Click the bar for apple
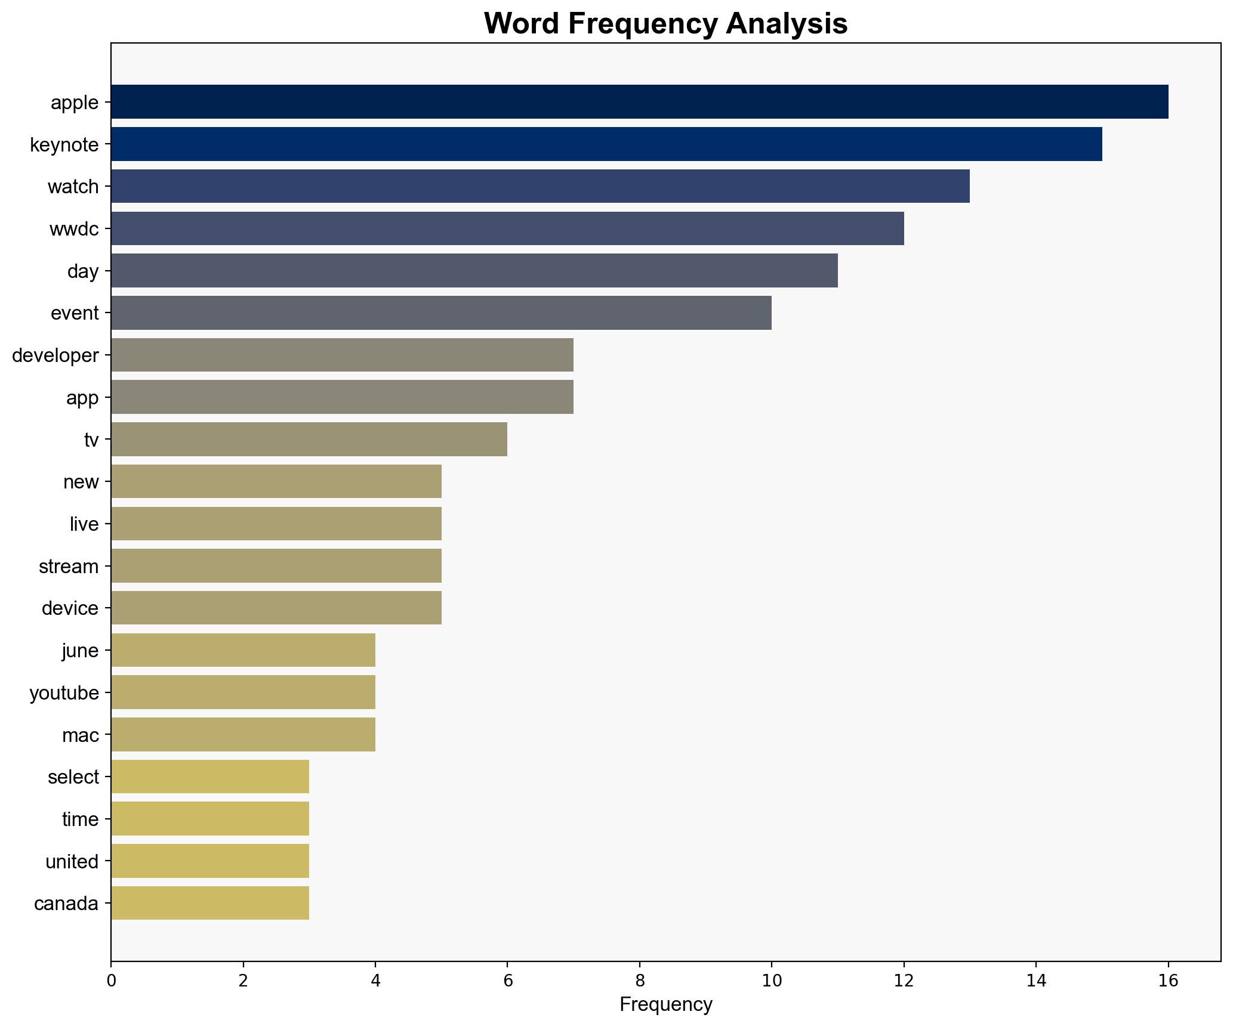639,102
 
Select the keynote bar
606,144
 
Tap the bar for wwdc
507,228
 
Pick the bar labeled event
441,313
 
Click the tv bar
309,440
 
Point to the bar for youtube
243,692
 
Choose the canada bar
210,904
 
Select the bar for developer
342,355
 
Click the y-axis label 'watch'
73,187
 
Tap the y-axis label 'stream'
69,567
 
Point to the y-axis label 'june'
80,651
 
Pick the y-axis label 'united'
72,862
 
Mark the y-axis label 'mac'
80,735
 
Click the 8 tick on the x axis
640,981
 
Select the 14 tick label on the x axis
1036,981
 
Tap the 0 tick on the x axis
111,981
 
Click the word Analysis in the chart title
787,24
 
